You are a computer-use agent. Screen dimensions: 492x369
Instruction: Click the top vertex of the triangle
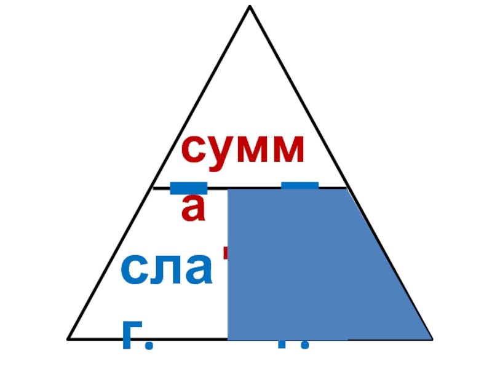click(250, 7)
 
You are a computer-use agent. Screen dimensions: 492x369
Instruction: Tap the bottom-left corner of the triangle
click(68, 338)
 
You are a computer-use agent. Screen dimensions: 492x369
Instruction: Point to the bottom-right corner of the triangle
click(432, 338)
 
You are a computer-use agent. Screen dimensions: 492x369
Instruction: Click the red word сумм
click(243, 151)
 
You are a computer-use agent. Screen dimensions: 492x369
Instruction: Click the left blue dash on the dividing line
click(188, 187)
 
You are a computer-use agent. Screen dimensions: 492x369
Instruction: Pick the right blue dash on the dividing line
click(300, 185)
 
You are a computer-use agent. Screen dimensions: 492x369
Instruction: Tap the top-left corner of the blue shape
click(229, 190)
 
